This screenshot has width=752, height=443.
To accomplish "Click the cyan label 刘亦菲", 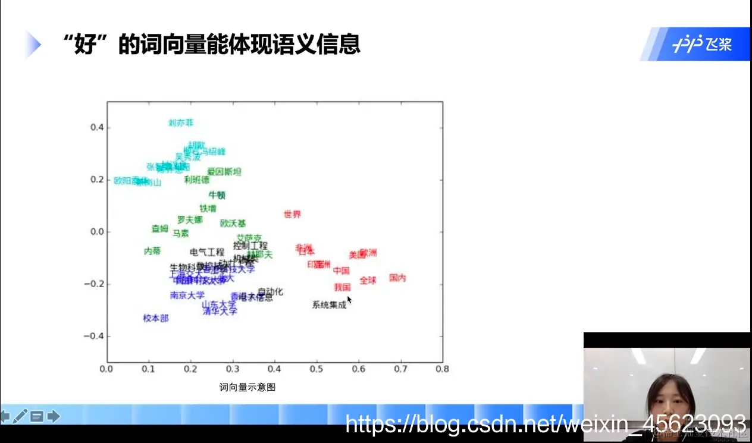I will pyautogui.click(x=181, y=123).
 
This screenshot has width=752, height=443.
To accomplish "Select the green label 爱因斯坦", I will pyautogui.click(x=224, y=172).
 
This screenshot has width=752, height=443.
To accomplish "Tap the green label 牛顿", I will pyautogui.click(x=217, y=195).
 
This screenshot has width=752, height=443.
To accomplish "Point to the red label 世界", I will pyautogui.click(x=292, y=214).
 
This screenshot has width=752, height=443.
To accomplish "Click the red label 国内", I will pyautogui.click(x=397, y=278).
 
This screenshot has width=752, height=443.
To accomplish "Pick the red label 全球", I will pyautogui.click(x=368, y=280).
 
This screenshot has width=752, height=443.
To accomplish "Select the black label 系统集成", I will pyautogui.click(x=329, y=305).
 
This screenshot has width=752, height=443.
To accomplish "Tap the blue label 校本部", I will pyautogui.click(x=156, y=318).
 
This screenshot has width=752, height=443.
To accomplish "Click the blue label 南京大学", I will pyautogui.click(x=187, y=295).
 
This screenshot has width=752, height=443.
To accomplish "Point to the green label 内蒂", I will pyautogui.click(x=152, y=252).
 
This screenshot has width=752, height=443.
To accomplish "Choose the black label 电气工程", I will pyautogui.click(x=207, y=252).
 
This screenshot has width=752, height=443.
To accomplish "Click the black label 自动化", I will pyautogui.click(x=270, y=292).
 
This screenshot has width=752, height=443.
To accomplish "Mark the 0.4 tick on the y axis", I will pyautogui.click(x=96, y=127).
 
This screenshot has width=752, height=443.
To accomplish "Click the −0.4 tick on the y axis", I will pyautogui.click(x=93, y=336).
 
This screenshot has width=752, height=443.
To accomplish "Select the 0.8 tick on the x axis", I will pyautogui.click(x=442, y=369).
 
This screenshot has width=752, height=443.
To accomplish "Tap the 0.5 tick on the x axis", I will pyautogui.click(x=317, y=369).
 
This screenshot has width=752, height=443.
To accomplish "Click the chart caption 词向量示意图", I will pyautogui.click(x=247, y=388).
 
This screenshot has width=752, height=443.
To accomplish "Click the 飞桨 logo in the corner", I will pyautogui.click(x=702, y=45).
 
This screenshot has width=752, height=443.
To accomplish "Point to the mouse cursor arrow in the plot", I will pyautogui.click(x=349, y=300).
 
